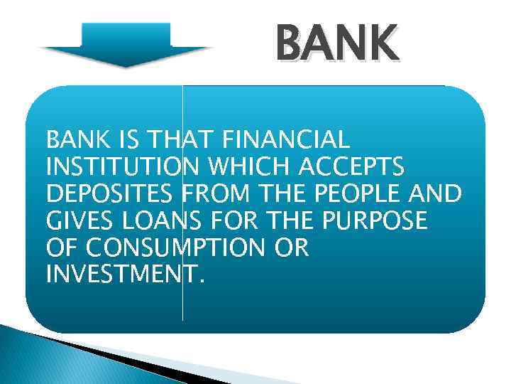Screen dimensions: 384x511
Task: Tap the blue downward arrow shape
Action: pyautogui.click(x=126, y=45)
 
